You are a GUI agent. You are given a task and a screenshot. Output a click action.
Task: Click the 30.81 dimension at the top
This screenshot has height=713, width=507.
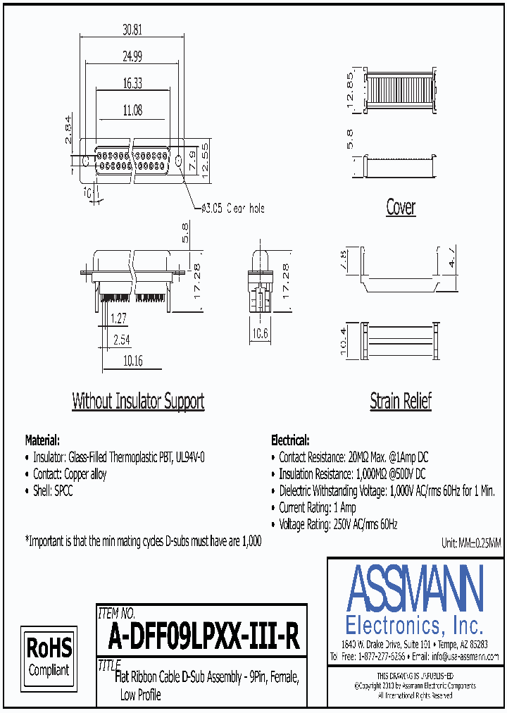[132, 30]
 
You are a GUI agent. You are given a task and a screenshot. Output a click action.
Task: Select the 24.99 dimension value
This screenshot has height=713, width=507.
[132, 56]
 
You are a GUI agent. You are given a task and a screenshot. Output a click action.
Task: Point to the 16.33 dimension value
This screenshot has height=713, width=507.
[132, 83]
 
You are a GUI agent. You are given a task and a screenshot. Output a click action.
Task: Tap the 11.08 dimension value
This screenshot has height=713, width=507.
[132, 110]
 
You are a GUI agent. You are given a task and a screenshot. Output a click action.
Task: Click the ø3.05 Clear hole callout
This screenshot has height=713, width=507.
[233, 209]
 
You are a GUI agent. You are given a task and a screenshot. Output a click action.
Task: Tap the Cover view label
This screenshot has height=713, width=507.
[401, 207]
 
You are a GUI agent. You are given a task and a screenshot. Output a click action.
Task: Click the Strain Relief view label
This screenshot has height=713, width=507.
[401, 402]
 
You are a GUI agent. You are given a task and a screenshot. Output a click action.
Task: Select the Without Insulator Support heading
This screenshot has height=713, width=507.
[138, 402]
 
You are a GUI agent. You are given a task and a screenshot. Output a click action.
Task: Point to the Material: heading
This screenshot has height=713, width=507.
[43, 440]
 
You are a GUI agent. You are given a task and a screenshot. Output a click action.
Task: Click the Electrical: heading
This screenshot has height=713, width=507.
[289, 440]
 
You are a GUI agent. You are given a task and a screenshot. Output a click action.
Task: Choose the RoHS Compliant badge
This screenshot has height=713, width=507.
[49, 656]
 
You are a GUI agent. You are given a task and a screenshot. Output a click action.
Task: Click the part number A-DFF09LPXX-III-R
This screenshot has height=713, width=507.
[204, 638]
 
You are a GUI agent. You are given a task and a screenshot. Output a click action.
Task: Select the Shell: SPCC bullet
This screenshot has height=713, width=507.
[53, 492]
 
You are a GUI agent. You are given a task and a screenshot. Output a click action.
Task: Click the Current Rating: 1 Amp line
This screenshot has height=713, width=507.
[317, 508]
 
